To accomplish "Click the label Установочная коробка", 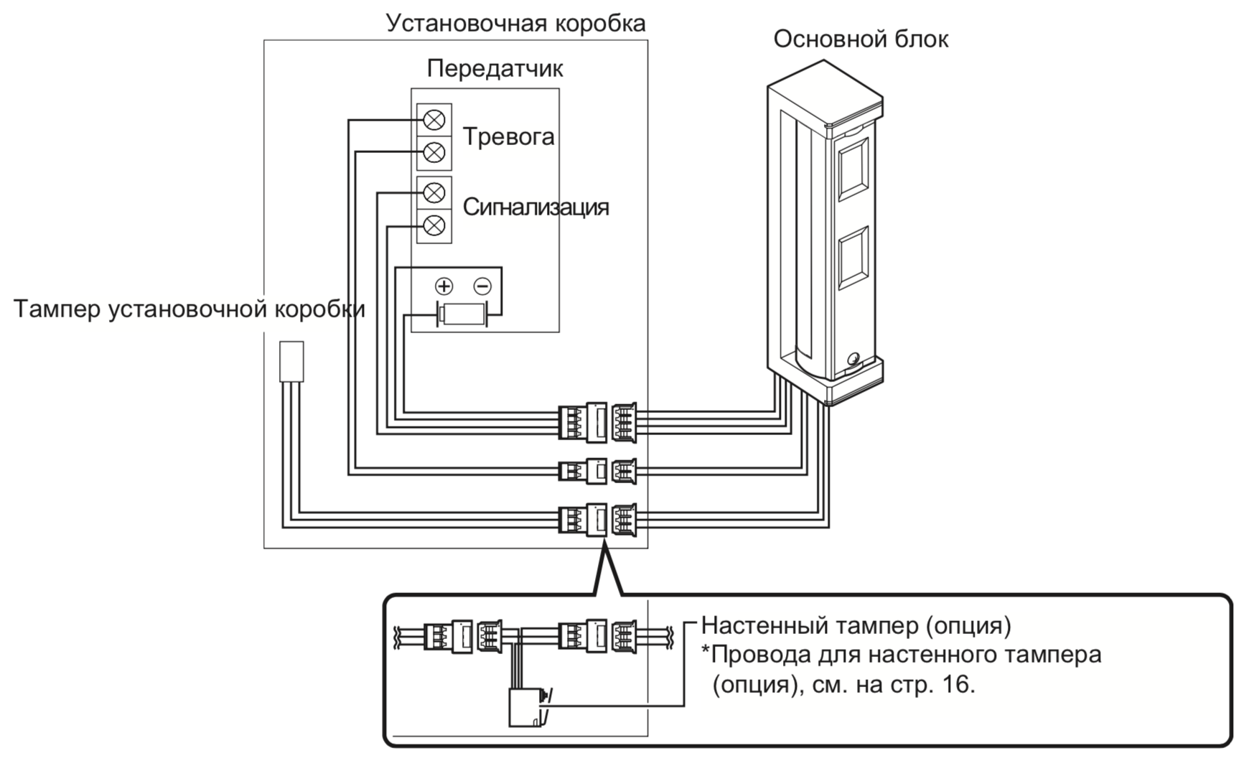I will tap(515, 23).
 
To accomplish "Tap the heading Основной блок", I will tap(860, 39).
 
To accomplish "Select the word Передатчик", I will tap(495, 69).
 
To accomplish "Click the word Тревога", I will tap(508, 136).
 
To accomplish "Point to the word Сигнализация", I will tap(535, 207).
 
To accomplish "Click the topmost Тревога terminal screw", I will tap(434, 119).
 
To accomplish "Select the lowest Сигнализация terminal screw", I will tap(434, 226).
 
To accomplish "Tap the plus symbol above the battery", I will tap(444, 286).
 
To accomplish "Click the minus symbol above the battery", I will tap(482, 286).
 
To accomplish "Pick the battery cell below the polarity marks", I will tap(463, 314).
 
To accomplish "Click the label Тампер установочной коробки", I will tap(189, 309).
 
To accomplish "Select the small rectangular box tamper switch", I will tap(291, 361).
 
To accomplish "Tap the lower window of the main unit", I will tap(853, 261).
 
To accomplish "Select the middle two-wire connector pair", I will tap(597, 471).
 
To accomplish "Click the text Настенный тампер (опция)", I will tap(856, 625).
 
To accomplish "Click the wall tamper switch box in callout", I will tap(525, 707).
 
